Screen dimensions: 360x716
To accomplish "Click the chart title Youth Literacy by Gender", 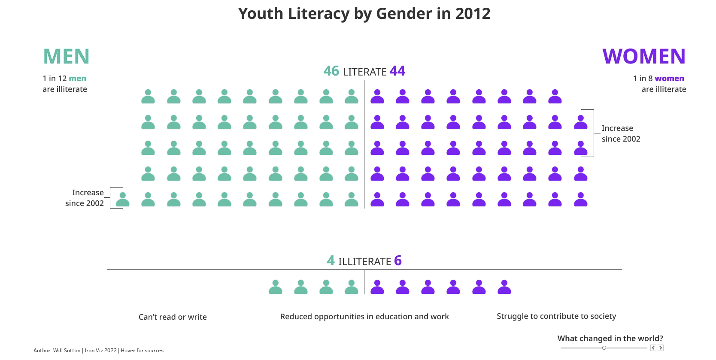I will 364,14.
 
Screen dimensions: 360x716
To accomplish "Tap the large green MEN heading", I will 66,57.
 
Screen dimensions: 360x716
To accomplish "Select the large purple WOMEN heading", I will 643,57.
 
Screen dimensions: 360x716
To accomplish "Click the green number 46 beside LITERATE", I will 331,71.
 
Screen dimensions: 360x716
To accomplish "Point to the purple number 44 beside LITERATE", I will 397,71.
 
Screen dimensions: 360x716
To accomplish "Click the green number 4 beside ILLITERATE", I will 331,260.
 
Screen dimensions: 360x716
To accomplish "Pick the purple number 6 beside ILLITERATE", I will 398,260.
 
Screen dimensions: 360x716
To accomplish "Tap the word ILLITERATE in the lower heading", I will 364,261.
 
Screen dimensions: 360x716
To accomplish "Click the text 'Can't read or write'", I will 173,317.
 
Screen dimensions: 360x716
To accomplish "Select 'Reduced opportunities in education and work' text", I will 364,317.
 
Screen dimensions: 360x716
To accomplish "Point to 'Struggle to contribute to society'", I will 556,316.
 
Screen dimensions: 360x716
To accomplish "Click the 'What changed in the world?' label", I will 610,339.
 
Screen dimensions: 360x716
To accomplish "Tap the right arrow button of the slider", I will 661,348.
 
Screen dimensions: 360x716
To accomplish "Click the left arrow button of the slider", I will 653,348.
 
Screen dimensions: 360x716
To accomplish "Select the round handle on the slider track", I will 604,348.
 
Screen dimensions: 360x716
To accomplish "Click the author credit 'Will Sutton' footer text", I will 67,351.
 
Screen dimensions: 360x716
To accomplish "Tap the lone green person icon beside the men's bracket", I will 123,200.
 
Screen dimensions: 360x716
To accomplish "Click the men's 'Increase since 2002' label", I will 85,198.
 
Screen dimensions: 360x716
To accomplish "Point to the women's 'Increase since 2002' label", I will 621,133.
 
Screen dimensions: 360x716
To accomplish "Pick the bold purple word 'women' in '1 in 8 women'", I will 669,79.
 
